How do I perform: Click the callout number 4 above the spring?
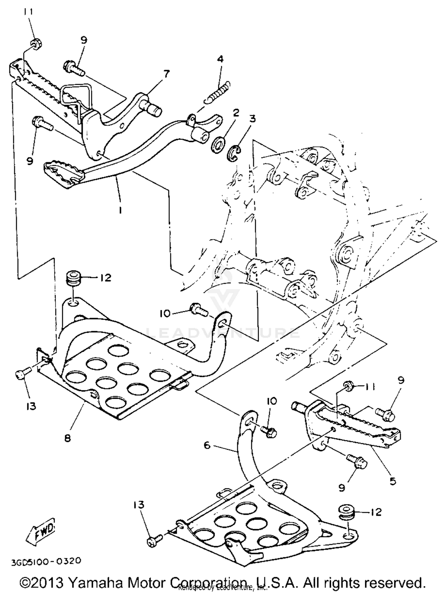click(x=220, y=59)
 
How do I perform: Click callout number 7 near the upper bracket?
click(x=167, y=73)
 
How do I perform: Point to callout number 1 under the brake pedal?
click(x=120, y=210)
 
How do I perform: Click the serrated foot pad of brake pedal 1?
click(x=62, y=173)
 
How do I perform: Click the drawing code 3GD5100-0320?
click(x=46, y=561)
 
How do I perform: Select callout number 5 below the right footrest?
click(x=393, y=481)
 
